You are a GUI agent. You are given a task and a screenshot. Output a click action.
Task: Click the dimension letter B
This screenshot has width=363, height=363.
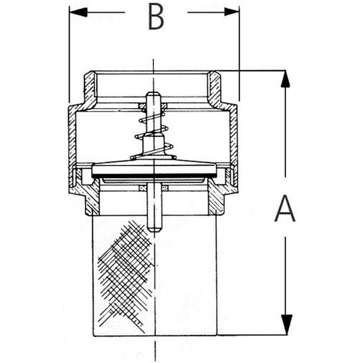(156, 16)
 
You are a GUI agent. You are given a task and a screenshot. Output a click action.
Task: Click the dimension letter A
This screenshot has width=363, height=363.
(285, 208)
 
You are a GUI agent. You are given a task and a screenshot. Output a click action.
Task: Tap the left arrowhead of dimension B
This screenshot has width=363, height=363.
(78, 12)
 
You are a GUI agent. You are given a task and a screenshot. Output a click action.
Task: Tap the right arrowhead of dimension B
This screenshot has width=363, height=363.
(232, 12)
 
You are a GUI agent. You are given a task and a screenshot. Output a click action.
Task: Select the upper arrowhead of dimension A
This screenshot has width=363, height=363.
(285, 79)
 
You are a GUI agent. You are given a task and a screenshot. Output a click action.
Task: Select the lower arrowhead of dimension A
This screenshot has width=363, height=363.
(287, 325)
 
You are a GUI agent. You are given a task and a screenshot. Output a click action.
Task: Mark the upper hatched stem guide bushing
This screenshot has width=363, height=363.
(153, 106)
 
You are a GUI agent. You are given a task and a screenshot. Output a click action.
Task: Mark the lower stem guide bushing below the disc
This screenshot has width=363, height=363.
(154, 188)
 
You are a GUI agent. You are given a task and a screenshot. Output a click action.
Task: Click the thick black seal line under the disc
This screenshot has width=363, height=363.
(154, 176)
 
